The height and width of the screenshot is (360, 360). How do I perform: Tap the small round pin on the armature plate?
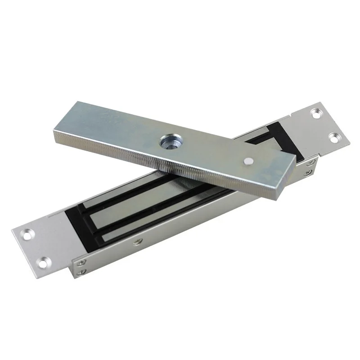pos(248,161)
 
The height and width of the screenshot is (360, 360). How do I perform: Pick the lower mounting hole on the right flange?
pos(334,137)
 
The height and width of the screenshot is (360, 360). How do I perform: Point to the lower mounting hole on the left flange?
pos(44,260)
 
